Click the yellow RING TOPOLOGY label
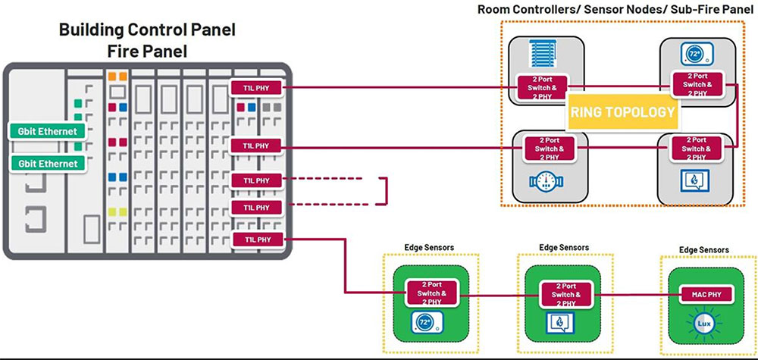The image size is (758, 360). [x=622, y=112]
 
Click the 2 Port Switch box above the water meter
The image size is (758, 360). [x=551, y=149]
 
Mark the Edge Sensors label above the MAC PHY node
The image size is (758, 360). [x=704, y=249]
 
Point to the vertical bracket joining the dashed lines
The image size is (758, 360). [x=387, y=191]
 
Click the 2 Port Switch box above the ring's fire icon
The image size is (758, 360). [x=694, y=149]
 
